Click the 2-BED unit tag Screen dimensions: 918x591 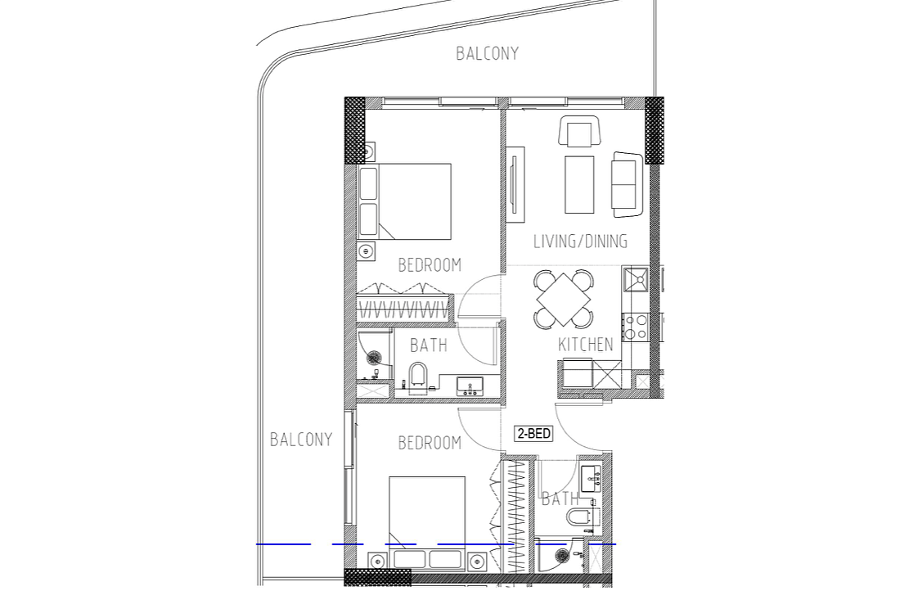533,434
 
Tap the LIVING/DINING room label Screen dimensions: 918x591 580,241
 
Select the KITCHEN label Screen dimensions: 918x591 586,345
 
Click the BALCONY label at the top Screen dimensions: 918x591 487,54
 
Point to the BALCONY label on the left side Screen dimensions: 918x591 301,440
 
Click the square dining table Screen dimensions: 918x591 563,300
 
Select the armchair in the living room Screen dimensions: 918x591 580,131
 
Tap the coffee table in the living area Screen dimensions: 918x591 579,184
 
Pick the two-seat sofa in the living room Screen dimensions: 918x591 627,184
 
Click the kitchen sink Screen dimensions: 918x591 635,280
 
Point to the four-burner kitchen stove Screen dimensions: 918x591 635,327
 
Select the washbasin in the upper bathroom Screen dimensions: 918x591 470,386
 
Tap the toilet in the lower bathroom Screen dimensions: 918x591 582,518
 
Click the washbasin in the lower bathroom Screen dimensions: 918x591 590,479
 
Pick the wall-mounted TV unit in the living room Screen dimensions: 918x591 515,184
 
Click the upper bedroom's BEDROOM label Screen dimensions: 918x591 430,265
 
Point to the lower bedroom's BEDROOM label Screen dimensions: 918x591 430,443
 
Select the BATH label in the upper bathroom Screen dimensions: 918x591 429,345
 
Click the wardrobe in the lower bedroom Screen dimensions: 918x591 516,516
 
